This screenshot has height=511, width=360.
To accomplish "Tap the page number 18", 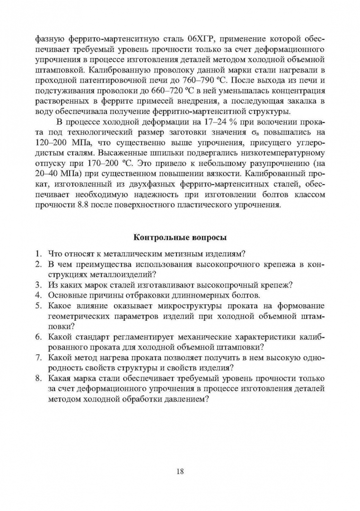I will pos(180,472).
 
